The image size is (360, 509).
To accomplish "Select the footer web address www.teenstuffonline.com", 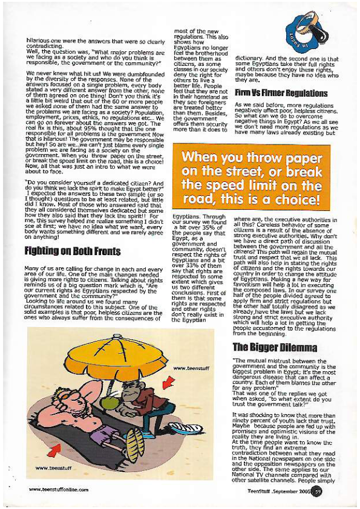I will pyautogui.click(x=59, y=490).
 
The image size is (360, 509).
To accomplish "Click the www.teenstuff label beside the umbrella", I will pyautogui.click(x=188, y=368).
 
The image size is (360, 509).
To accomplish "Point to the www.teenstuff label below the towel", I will pyautogui.click(x=51, y=468).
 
